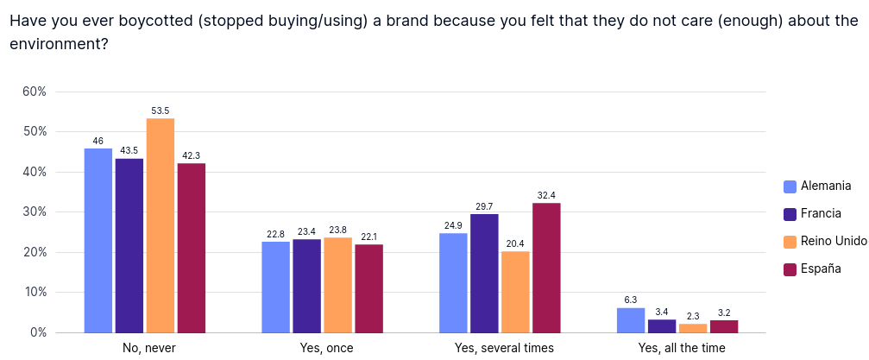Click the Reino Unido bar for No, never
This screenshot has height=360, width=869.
pos(161,225)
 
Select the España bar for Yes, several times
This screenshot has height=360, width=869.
pos(547,268)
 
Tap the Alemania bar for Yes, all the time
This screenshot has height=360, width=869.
pos(631,320)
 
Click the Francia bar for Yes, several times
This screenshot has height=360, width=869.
pos(484,273)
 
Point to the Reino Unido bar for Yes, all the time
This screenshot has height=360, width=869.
pos(693,328)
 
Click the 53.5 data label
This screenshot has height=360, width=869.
pos(161,111)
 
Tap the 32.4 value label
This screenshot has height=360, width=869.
pos(547,196)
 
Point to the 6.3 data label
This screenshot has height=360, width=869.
pos(631,300)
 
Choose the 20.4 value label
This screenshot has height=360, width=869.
pos(515,244)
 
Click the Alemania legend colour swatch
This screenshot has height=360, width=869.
pos(789,186)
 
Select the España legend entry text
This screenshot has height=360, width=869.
pos(821,269)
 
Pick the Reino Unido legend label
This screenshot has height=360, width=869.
pos(833,242)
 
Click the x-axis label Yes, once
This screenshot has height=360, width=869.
pos(325,348)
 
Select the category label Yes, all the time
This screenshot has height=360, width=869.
pos(682,348)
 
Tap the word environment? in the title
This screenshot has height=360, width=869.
pos(59,43)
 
